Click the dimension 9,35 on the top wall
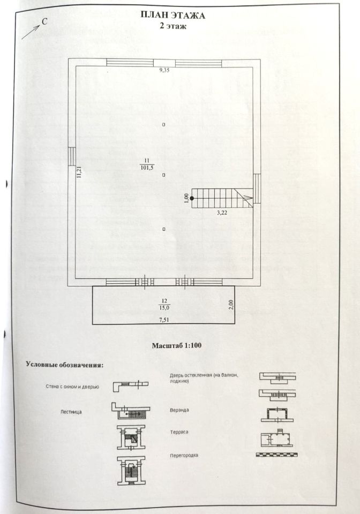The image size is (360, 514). (x=164, y=70)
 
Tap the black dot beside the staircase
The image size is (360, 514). (x=192, y=198)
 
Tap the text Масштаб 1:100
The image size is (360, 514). (x=177, y=345)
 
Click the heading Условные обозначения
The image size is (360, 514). (x=65, y=365)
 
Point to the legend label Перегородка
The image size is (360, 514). (x=184, y=455)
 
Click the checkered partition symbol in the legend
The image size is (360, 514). (x=276, y=455)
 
